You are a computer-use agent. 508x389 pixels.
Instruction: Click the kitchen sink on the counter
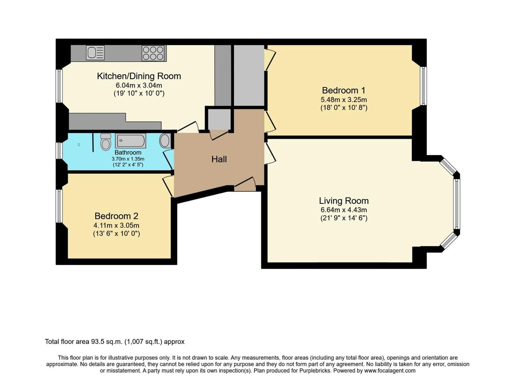tap(95, 53)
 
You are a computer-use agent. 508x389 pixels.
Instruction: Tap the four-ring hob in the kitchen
tap(154, 53)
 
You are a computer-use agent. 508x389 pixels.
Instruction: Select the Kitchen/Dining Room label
tap(139, 76)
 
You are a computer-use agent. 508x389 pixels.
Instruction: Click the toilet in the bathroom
tap(106, 142)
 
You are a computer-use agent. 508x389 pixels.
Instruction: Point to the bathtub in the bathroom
tap(130, 141)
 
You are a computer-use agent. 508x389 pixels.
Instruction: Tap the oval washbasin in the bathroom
tap(164, 141)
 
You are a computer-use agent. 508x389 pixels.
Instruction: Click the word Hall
tap(219, 159)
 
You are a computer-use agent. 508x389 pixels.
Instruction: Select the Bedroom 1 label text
tap(344, 90)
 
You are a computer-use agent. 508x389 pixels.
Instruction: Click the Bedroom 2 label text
tap(116, 216)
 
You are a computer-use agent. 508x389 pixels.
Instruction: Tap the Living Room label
tap(344, 201)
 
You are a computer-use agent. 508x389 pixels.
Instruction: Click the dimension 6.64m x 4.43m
tap(344, 210)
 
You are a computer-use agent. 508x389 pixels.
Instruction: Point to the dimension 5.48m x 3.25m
tap(344, 100)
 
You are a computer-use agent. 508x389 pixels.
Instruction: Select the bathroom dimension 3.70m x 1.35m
tap(128, 159)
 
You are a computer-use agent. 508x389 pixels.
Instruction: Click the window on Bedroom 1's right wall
tap(423, 85)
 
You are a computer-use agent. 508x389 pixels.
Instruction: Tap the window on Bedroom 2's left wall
tap(60, 206)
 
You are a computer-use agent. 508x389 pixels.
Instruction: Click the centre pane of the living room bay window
tap(457, 204)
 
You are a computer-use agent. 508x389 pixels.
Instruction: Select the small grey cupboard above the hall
tap(219, 119)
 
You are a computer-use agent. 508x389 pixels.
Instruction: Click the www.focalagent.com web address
tap(390, 370)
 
